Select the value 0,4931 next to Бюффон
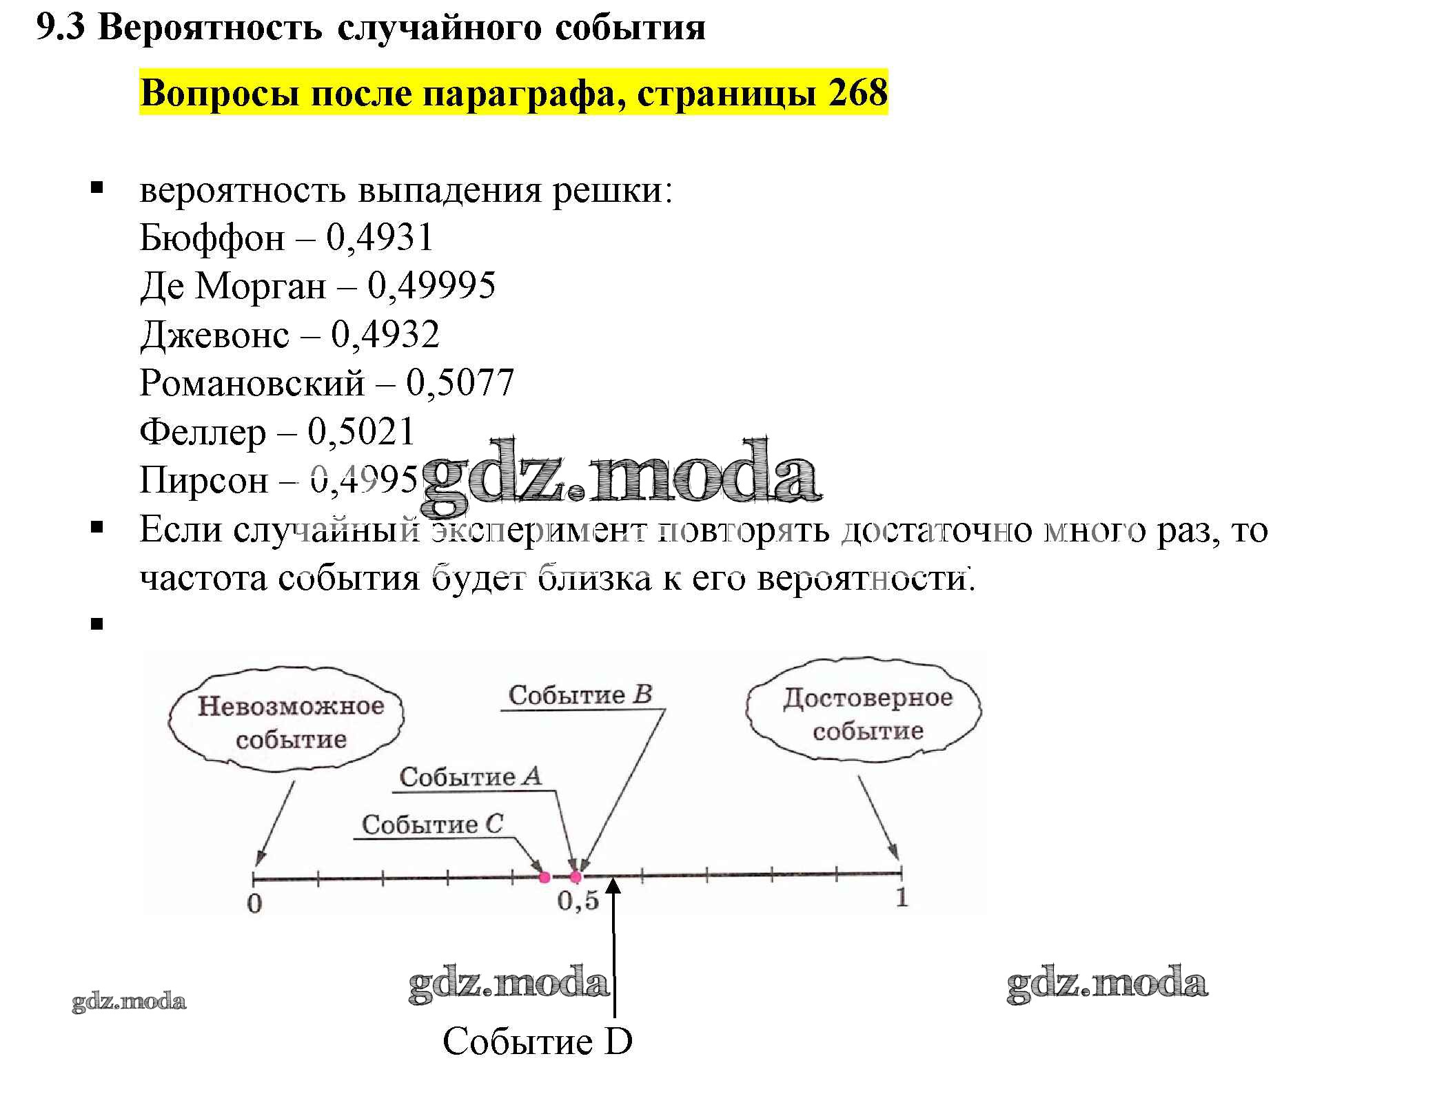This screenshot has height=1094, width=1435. pyautogui.click(x=380, y=238)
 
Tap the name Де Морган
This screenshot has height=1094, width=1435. pyautogui.click(x=232, y=286)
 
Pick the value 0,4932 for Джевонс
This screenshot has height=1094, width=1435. pyautogui.click(x=385, y=335)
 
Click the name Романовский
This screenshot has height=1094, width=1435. pyautogui.click(x=252, y=383)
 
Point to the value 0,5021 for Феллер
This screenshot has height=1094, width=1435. pyautogui.click(x=362, y=432)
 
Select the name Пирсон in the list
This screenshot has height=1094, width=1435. pyautogui.click(x=204, y=480)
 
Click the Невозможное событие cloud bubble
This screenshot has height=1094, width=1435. pyautogui.click(x=287, y=722)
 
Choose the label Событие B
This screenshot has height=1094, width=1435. pyautogui.click(x=580, y=694)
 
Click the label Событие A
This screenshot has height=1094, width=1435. pyautogui.click(x=471, y=777)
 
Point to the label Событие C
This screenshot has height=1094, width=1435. pyautogui.click(x=433, y=824)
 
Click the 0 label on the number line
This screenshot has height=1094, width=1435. pyautogui.click(x=254, y=903)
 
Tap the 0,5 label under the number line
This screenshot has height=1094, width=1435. pyautogui.click(x=578, y=901)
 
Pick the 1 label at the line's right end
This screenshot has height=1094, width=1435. pyautogui.click(x=902, y=898)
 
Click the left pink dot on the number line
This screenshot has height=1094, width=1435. pyautogui.click(x=545, y=877)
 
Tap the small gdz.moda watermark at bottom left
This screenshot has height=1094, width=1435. pyautogui.click(x=129, y=1001)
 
